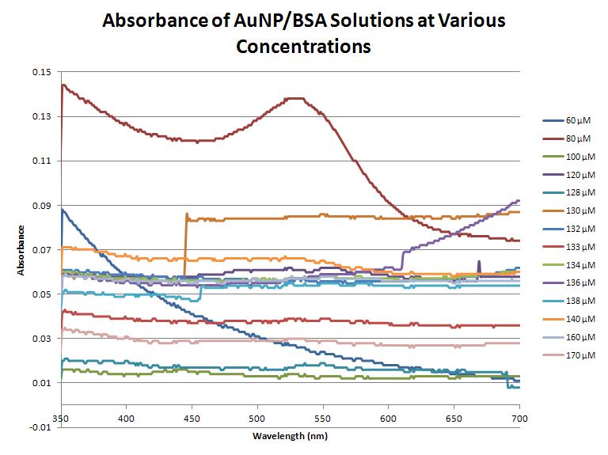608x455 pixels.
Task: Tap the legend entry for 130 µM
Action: point(575,210)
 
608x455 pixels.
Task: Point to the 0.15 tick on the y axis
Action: point(41,72)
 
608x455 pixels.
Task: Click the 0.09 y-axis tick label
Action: point(41,206)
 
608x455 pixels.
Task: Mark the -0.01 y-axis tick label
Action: point(40,428)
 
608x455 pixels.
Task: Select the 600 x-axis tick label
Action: point(388,417)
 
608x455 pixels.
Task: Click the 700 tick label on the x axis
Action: point(519,417)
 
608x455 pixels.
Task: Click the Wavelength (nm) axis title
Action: point(289,436)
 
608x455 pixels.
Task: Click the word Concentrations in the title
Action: point(303,46)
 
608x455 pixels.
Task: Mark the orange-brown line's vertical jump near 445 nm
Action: point(185,237)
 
